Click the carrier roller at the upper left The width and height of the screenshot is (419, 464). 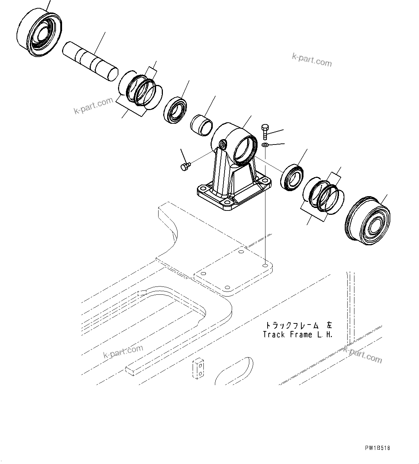pyautogui.click(x=40, y=33)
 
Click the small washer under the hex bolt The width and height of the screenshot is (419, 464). pyautogui.click(x=265, y=145)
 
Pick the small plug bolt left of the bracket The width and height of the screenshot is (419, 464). pyautogui.click(x=185, y=166)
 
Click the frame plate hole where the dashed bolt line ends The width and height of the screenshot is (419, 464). pyautogui.click(x=265, y=266)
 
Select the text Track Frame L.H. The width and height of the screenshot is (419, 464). pyautogui.click(x=297, y=335)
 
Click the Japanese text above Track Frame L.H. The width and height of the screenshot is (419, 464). pyautogui.click(x=298, y=325)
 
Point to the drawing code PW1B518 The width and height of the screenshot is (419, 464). pyautogui.click(x=378, y=448)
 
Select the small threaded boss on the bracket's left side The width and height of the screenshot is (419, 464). pyautogui.click(x=223, y=144)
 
